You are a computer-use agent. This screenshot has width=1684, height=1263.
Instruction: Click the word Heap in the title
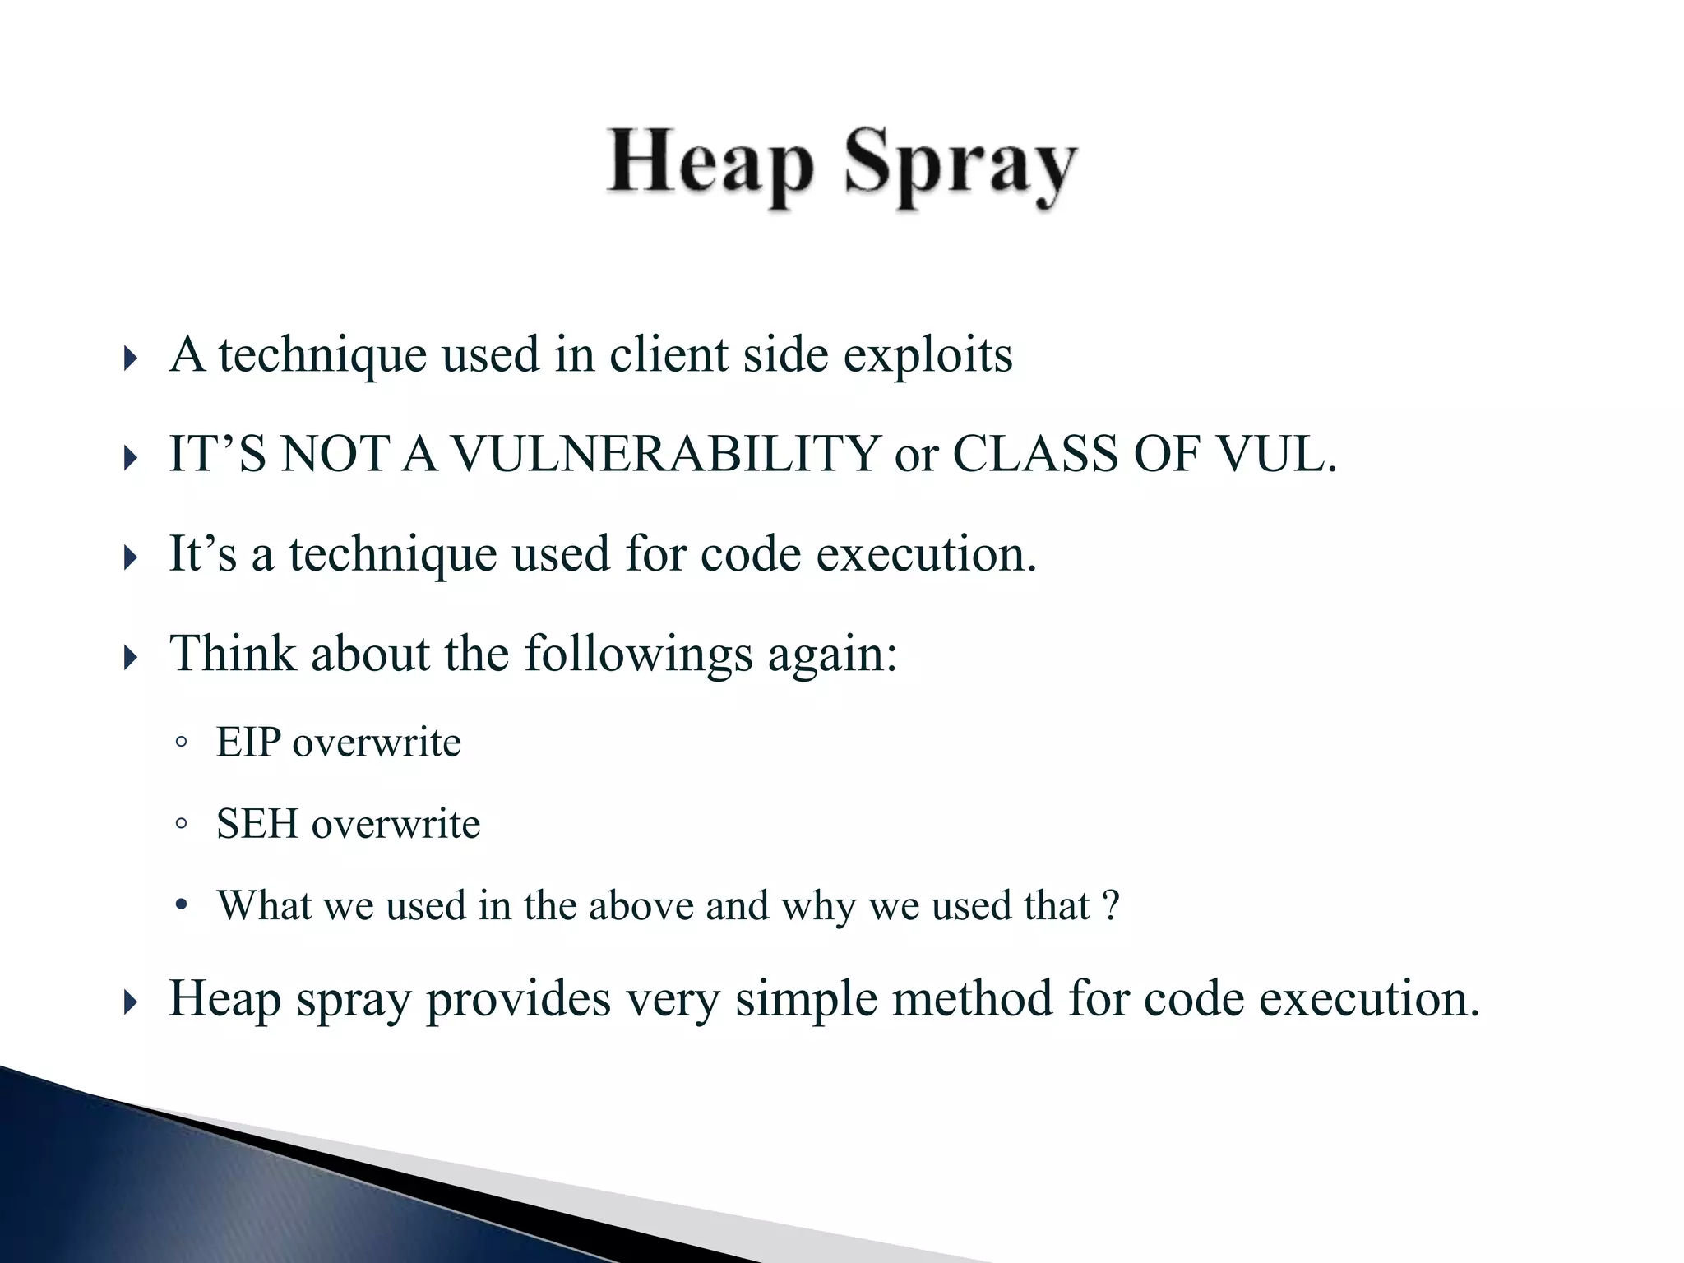[710, 164]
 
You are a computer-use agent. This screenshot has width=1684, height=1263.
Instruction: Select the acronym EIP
[248, 743]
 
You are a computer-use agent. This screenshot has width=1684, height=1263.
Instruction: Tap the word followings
[638, 655]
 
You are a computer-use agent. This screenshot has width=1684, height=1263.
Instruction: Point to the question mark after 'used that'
[1111, 905]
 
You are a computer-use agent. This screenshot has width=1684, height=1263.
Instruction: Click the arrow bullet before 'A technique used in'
[130, 359]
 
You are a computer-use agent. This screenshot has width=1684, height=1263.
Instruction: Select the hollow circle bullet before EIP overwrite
[182, 743]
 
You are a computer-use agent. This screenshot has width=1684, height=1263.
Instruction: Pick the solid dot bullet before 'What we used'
[182, 906]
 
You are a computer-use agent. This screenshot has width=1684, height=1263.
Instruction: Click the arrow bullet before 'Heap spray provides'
[130, 1002]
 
